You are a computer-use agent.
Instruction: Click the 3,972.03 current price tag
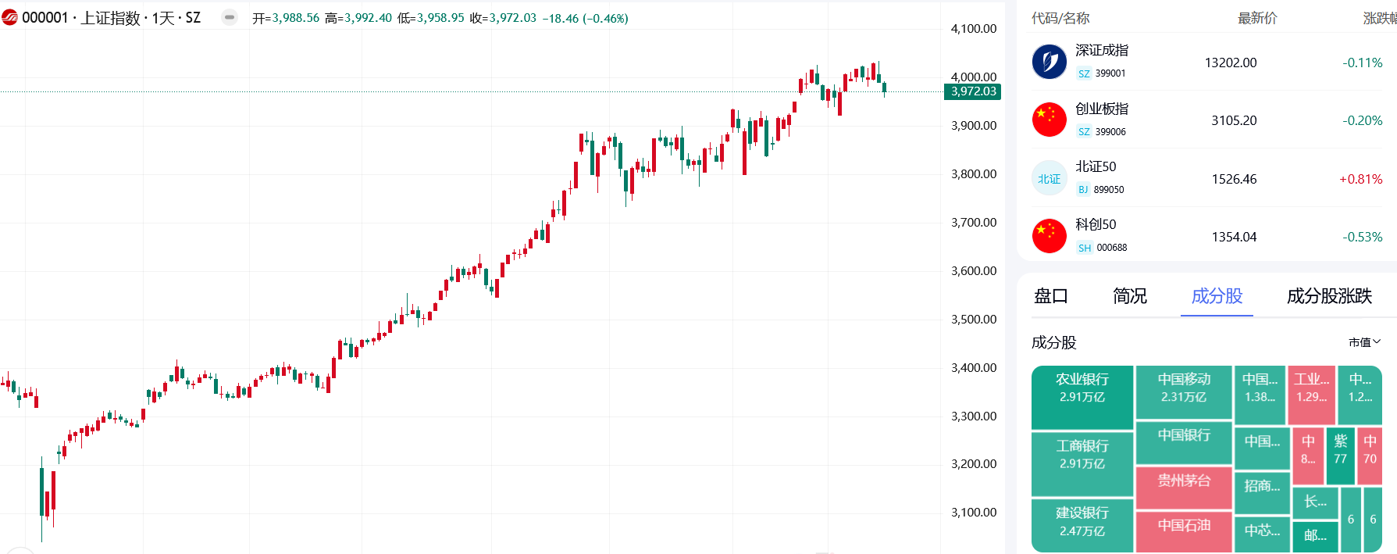[x=973, y=91]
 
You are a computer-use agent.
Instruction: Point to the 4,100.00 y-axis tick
[x=973, y=29]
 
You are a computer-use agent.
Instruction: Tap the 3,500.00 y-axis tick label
[x=973, y=320]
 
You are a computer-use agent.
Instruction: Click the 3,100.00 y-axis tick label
[x=973, y=513]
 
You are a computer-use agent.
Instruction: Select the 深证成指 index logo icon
[x=1049, y=62]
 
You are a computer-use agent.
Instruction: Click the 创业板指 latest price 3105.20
[x=1234, y=120]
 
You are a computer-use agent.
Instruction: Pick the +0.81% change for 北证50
[x=1360, y=179]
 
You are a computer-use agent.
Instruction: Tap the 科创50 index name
[x=1096, y=224]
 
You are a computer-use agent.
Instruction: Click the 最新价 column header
[x=1256, y=18]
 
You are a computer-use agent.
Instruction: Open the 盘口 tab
[x=1050, y=296]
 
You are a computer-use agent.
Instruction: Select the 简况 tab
[x=1129, y=296]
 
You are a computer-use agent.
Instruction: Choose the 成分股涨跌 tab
[x=1329, y=296]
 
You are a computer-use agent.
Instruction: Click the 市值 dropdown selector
[x=1364, y=342]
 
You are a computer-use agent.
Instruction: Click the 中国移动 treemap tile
[x=1184, y=387]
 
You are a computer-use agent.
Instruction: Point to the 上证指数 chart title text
[x=110, y=18]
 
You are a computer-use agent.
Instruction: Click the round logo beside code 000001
[x=10, y=17]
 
